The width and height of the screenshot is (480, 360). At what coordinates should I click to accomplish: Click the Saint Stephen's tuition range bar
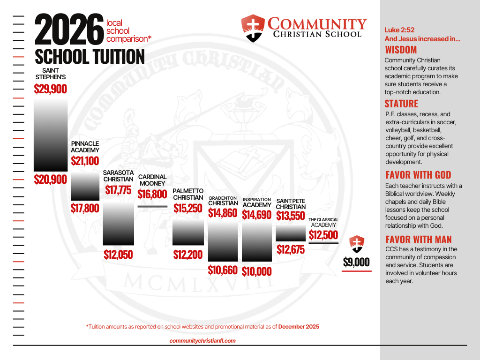click(51, 135)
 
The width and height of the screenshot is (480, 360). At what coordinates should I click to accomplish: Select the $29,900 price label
click(51, 89)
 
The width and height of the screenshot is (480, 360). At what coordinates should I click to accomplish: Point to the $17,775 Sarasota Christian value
click(118, 190)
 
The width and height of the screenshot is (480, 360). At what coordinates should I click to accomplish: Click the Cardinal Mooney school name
click(152, 180)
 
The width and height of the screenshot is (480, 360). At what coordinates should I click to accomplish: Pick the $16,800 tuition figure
click(152, 194)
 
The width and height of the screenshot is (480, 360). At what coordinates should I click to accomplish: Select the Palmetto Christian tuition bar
click(188, 232)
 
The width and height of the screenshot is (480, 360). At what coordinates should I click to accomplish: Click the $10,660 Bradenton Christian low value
click(223, 270)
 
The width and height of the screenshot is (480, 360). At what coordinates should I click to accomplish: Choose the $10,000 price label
click(257, 271)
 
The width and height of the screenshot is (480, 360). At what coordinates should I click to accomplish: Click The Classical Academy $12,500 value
click(323, 235)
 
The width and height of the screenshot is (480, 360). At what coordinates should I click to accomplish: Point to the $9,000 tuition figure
click(356, 262)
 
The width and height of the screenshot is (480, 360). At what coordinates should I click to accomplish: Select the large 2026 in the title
click(69, 30)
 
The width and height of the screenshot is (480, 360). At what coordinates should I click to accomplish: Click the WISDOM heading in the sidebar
click(401, 50)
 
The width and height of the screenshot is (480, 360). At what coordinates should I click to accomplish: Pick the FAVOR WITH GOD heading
click(418, 175)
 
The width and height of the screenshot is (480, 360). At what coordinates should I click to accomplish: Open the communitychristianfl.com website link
click(202, 341)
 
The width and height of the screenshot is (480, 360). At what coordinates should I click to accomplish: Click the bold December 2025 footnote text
click(299, 326)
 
